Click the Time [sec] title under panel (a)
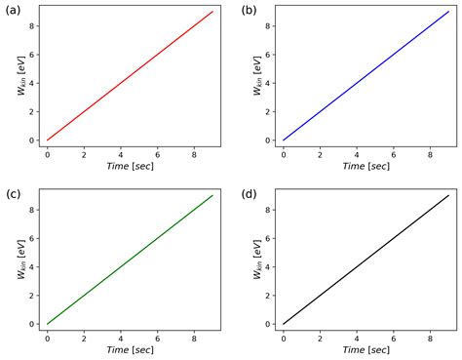click(130, 167)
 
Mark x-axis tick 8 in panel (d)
click(431, 338)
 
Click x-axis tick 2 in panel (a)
click(84, 154)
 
